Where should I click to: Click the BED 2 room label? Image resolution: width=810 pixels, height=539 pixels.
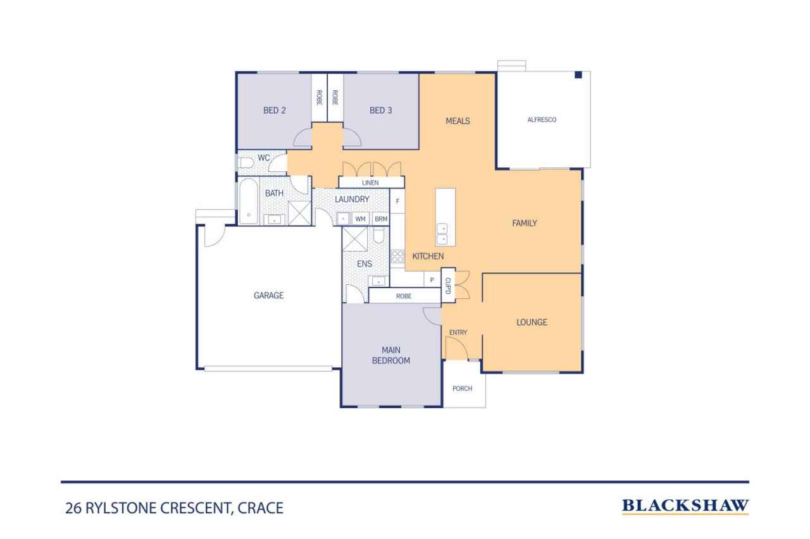click(x=275, y=111)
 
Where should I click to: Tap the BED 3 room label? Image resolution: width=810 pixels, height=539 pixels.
click(x=381, y=111)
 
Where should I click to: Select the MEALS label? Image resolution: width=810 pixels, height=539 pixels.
click(x=458, y=121)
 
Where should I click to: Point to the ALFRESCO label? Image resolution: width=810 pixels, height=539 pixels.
click(x=542, y=119)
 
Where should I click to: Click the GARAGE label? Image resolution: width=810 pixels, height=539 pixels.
click(x=268, y=295)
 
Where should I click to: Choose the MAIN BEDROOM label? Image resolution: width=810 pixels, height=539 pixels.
click(x=396, y=356)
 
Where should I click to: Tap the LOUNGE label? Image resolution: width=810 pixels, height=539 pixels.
click(x=532, y=322)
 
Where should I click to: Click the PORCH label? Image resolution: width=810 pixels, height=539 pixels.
click(x=462, y=388)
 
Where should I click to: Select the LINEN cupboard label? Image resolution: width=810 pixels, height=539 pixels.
click(x=370, y=183)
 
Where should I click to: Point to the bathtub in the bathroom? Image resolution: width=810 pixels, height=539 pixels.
click(x=248, y=201)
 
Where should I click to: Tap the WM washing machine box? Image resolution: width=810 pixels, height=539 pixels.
click(x=361, y=219)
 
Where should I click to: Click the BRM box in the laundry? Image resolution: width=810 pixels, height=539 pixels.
click(x=380, y=219)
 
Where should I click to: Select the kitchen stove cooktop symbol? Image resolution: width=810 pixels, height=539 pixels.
click(x=397, y=257)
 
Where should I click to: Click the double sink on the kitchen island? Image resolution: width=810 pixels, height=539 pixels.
click(x=442, y=234)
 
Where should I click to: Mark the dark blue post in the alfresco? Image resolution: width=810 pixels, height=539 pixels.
click(x=578, y=75)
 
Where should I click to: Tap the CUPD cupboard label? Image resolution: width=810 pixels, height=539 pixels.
click(x=447, y=285)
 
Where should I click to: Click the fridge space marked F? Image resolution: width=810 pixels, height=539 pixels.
click(x=397, y=202)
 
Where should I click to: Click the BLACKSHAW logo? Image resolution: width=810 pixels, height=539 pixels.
click(x=685, y=506)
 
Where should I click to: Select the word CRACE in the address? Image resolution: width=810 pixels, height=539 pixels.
click(x=260, y=507)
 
